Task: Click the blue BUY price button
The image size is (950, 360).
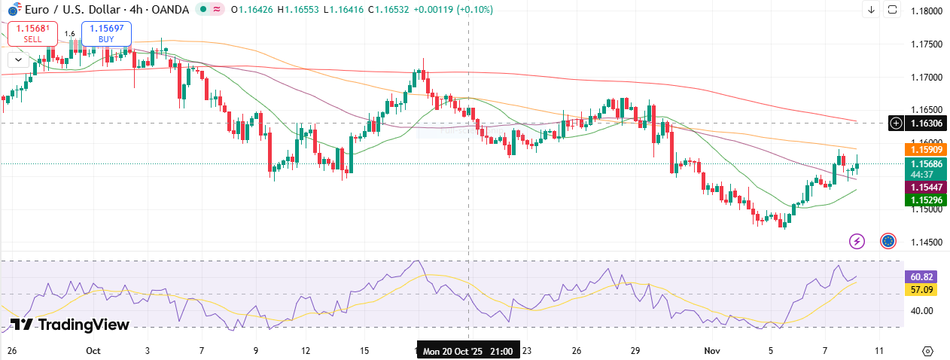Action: pos(106,33)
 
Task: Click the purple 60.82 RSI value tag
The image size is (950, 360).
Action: pos(922,277)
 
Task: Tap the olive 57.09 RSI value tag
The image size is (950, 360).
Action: pos(922,290)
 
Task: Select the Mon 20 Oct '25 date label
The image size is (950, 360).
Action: pos(467,351)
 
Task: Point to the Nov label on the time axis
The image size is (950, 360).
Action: pos(711,351)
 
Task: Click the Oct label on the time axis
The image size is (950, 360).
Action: pos(93,351)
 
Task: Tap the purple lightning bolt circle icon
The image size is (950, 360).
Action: pos(857,241)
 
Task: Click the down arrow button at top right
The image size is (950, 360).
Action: pos(871,10)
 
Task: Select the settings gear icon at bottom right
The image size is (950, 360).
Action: pos(927,351)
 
